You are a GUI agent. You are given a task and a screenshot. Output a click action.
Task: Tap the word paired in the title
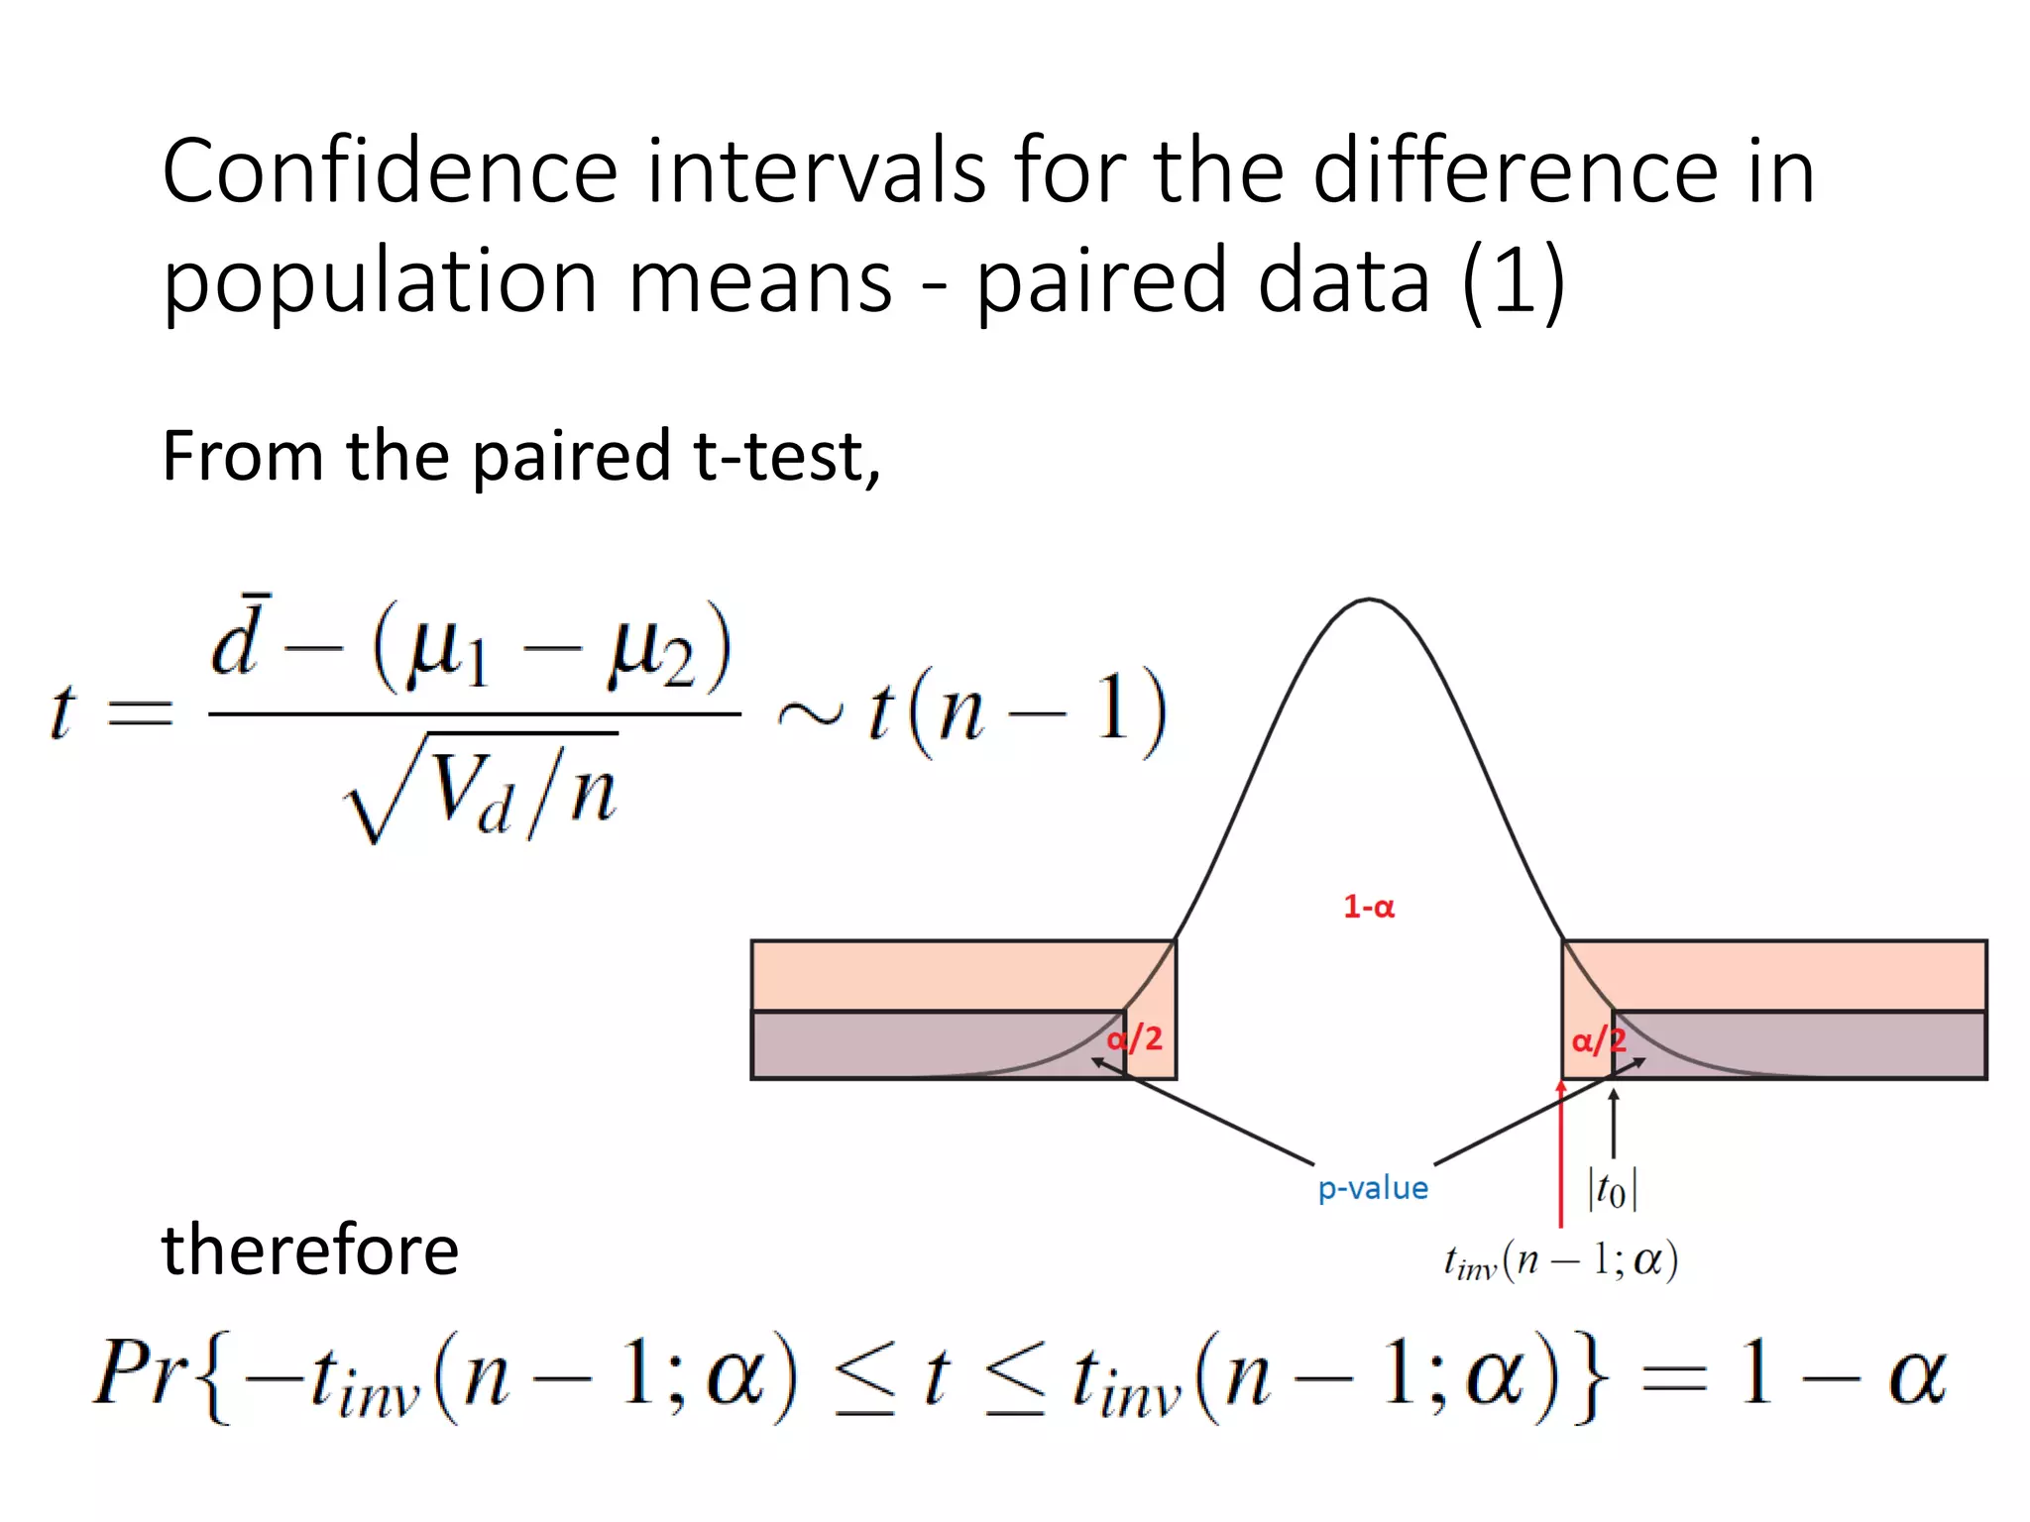pos(1102,282)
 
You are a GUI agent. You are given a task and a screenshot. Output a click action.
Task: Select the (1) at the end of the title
pos(1514,282)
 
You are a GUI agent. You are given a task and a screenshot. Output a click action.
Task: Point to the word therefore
pos(310,1250)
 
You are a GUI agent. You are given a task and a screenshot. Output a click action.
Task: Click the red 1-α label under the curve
pos(1369,907)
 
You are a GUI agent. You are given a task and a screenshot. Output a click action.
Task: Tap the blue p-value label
pos(1373,1187)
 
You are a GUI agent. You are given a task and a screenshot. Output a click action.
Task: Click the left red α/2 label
pos(1135,1038)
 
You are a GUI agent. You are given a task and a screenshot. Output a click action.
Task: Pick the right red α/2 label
pos(1598,1040)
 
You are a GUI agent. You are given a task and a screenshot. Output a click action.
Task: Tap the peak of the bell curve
pos(1369,599)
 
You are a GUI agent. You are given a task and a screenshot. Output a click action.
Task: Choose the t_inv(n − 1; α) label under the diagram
pos(1560,1261)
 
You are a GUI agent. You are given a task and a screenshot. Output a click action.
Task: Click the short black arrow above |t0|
pos(1614,1123)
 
